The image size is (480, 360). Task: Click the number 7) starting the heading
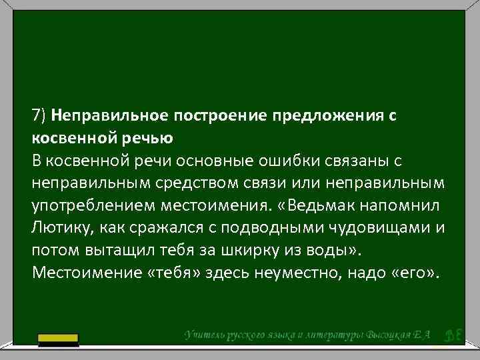(x=37, y=116)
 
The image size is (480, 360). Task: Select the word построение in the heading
(x=215, y=116)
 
